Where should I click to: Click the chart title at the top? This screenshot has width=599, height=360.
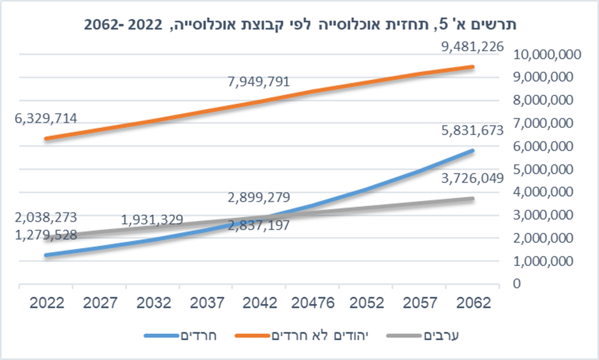pos(299,25)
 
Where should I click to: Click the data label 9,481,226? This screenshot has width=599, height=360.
pos(472,47)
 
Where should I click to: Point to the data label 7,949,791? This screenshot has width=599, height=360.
pos(258,82)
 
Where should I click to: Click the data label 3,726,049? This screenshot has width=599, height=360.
pos(472,178)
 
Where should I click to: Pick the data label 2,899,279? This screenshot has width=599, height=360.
pos(258,197)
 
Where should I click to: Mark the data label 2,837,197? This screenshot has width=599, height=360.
pos(258,226)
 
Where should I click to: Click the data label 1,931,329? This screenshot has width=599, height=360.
pos(152,219)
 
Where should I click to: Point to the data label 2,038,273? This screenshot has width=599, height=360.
pos(47,217)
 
